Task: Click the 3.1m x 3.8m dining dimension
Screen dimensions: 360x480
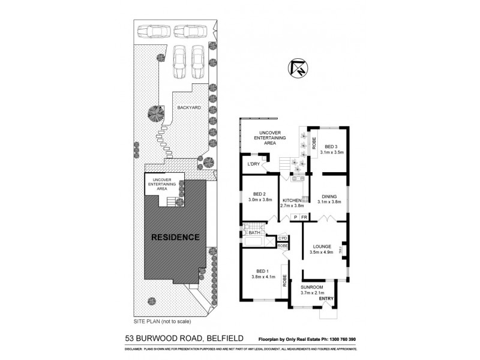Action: coord(329,202)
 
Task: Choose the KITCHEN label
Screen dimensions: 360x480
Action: coord(291,200)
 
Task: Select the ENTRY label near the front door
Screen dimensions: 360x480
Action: coord(326,299)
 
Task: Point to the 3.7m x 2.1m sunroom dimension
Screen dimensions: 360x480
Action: coord(312,293)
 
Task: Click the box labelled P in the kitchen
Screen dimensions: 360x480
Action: coord(295,217)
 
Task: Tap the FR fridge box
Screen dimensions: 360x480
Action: coord(304,217)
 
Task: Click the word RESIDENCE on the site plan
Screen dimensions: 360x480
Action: coord(175,237)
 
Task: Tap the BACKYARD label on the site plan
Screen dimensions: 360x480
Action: coord(189,108)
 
